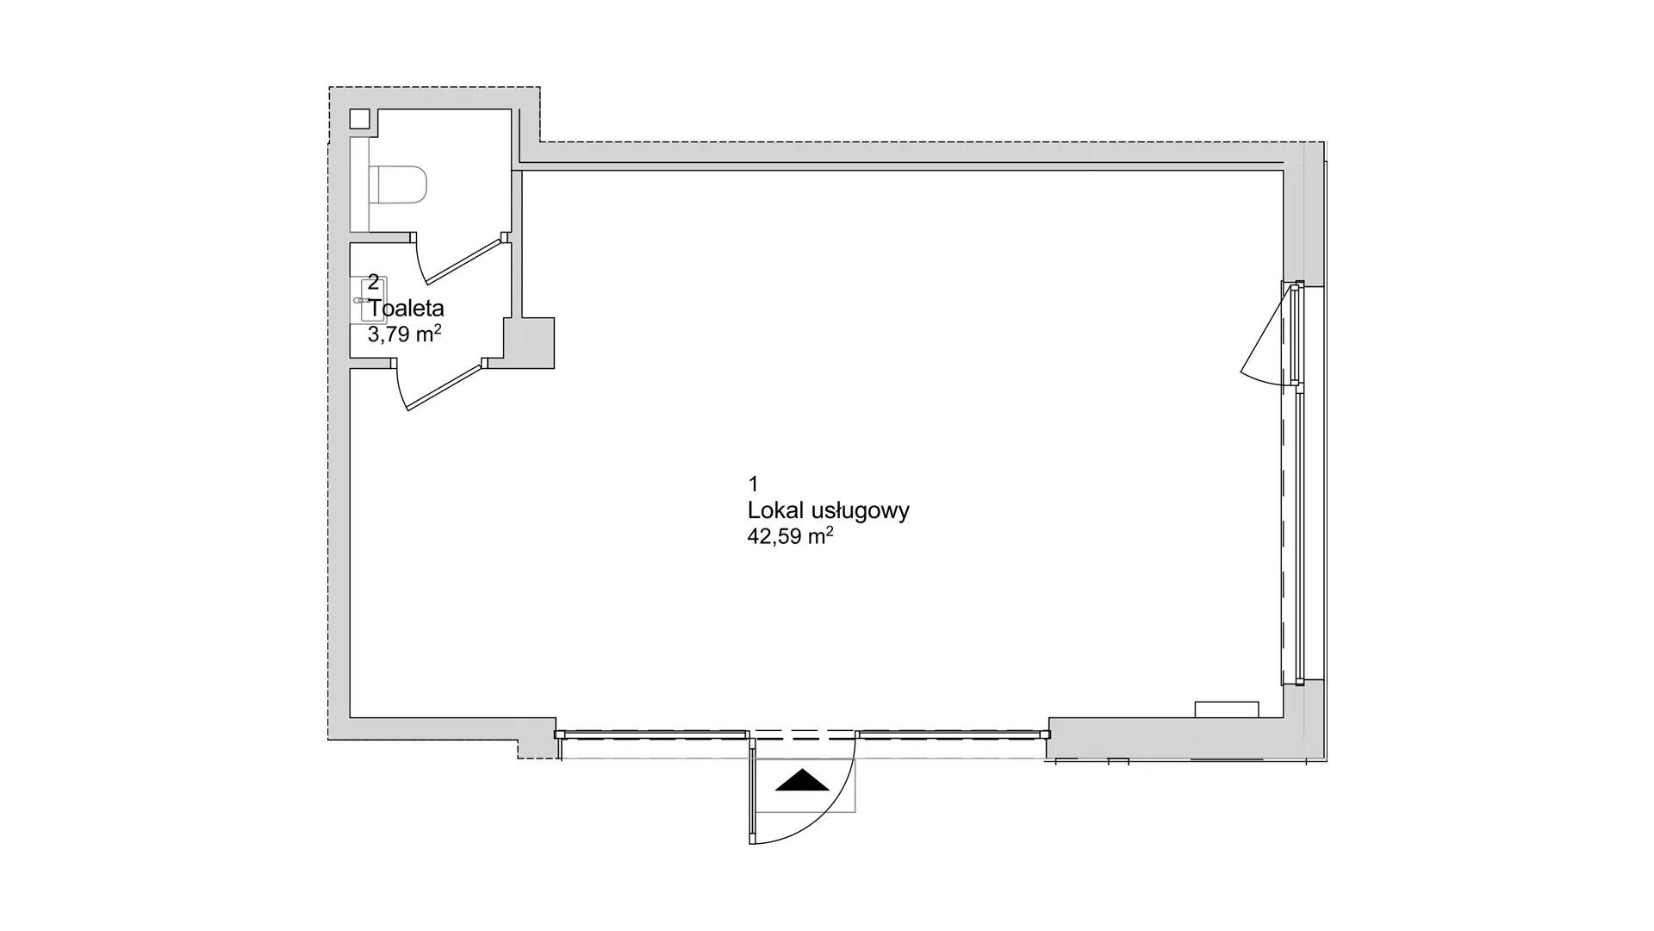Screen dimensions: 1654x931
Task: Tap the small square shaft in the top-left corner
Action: coord(360,120)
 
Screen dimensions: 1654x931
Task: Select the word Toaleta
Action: coord(407,308)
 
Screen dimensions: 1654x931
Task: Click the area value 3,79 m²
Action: coord(405,334)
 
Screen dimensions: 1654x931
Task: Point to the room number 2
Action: coord(374,281)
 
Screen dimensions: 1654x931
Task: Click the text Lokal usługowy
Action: coord(829,510)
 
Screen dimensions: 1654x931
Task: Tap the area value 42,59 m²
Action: coord(790,536)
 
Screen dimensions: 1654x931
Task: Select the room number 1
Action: coord(753,483)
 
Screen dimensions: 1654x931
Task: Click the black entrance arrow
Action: coord(802,780)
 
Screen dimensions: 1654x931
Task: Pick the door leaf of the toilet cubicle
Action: coord(463,260)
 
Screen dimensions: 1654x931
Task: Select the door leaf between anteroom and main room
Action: coord(444,386)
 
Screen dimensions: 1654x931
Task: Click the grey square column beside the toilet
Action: coord(528,343)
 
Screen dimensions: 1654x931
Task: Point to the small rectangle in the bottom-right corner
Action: coord(1227,709)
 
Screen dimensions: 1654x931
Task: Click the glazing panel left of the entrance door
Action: coord(652,734)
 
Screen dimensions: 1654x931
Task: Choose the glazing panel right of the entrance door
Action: coord(954,734)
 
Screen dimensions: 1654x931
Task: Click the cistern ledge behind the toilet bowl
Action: coord(360,185)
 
